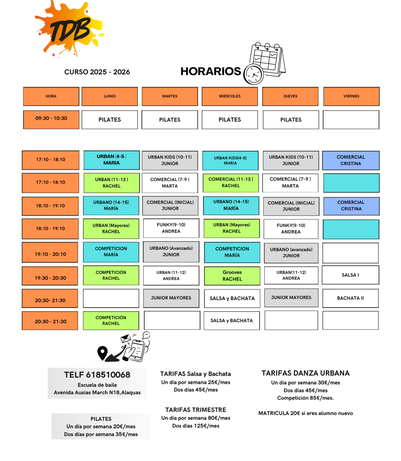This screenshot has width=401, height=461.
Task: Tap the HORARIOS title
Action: [211, 71]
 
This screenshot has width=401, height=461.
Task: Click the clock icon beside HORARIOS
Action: [253, 74]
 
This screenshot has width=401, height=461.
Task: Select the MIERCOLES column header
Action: [230, 96]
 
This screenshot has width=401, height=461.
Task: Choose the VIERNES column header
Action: [351, 96]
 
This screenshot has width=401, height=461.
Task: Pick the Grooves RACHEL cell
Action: [232, 276]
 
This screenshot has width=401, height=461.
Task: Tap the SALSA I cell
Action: [350, 275]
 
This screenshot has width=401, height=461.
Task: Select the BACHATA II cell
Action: [350, 298]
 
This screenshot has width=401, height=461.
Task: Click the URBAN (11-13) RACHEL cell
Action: [112, 183]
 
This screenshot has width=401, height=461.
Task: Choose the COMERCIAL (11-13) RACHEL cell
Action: [231, 183]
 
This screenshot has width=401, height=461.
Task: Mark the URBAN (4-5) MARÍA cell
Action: [112, 160]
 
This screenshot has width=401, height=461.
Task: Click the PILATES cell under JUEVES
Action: [291, 120]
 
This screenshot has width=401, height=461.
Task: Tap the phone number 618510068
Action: [108, 375]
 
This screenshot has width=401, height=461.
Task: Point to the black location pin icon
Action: [102, 352]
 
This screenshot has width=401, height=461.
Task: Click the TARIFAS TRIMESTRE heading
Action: [196, 410]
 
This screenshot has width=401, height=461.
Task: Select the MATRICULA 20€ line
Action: [305, 413]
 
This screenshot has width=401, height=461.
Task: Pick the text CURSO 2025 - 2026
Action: [97, 72]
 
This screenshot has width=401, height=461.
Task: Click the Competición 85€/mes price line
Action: [305, 398]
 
